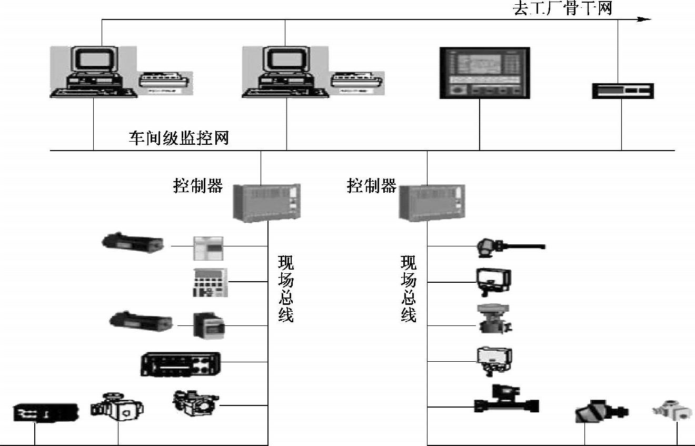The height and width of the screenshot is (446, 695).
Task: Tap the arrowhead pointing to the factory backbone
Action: click(x=644, y=19)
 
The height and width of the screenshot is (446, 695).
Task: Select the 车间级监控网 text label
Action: click(x=178, y=138)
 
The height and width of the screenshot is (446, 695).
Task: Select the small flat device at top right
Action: click(x=622, y=91)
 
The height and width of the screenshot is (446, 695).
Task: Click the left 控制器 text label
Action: click(x=198, y=186)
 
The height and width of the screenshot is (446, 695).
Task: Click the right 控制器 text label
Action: click(x=371, y=186)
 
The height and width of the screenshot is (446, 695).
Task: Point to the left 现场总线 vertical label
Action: click(x=285, y=289)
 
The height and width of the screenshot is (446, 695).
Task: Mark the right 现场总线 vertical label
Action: click(x=409, y=289)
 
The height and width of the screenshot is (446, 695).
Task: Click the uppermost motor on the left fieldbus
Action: click(x=132, y=243)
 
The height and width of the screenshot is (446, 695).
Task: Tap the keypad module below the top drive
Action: click(x=209, y=282)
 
